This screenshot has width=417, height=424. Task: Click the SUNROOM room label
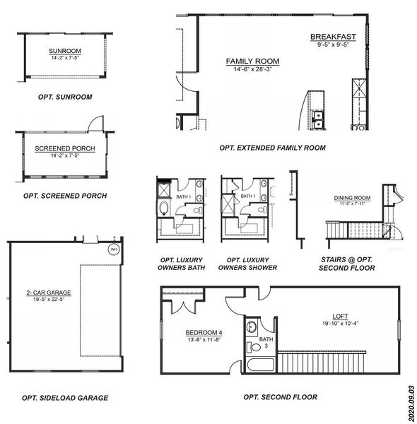[65, 51]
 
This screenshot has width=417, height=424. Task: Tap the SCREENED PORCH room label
[65, 148]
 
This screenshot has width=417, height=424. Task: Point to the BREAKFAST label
[333, 37]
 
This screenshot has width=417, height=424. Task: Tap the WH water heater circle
[112, 249]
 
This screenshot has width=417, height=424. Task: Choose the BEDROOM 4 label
[186, 332]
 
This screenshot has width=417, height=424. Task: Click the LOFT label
[341, 316]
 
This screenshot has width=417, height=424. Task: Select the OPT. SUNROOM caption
[65, 96]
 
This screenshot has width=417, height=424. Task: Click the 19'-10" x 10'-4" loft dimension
[341, 324]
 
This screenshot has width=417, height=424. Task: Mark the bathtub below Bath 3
[259, 365]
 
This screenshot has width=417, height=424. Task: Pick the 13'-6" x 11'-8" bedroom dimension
[186, 340]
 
